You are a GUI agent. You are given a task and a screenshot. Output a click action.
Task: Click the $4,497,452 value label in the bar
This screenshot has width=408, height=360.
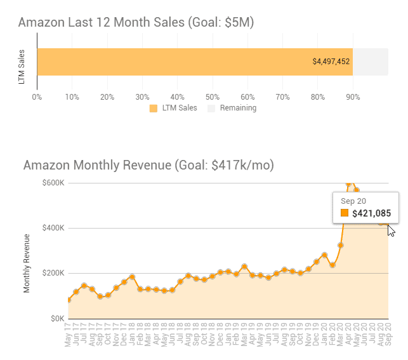(x=331, y=62)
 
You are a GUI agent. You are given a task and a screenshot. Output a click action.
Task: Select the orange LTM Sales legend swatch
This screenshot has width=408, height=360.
(x=154, y=108)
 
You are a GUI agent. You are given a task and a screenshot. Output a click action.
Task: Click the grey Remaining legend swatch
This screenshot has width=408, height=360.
(x=212, y=108)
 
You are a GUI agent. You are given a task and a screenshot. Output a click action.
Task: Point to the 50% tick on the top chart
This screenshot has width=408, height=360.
(x=213, y=97)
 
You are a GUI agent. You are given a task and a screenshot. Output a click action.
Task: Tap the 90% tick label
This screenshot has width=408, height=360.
(x=353, y=97)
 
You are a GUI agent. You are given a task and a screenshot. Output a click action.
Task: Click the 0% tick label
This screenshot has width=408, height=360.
(x=37, y=97)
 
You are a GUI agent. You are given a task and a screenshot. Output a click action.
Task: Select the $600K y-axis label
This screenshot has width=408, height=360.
(x=52, y=183)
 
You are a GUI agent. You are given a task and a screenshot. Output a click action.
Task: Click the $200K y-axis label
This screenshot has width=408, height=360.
(x=52, y=273)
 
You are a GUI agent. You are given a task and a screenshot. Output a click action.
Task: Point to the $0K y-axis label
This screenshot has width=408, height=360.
(x=56, y=318)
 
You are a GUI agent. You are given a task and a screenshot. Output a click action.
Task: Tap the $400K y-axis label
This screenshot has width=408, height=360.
(x=52, y=228)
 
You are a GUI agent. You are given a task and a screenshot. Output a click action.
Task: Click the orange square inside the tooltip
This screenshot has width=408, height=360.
(x=345, y=213)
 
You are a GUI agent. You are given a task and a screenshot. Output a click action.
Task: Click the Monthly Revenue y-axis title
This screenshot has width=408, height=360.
(x=27, y=263)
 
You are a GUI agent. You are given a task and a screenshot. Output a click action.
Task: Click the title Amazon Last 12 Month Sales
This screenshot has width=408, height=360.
(x=136, y=22)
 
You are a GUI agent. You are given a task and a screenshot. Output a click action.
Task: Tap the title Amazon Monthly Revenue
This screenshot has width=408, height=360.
(x=148, y=165)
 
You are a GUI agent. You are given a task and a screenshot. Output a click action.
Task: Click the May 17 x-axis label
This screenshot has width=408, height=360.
(x=67, y=334)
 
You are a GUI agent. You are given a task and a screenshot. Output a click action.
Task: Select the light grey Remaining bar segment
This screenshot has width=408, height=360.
(x=370, y=62)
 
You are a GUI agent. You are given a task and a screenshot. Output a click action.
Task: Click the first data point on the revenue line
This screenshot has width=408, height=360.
(x=68, y=300)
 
